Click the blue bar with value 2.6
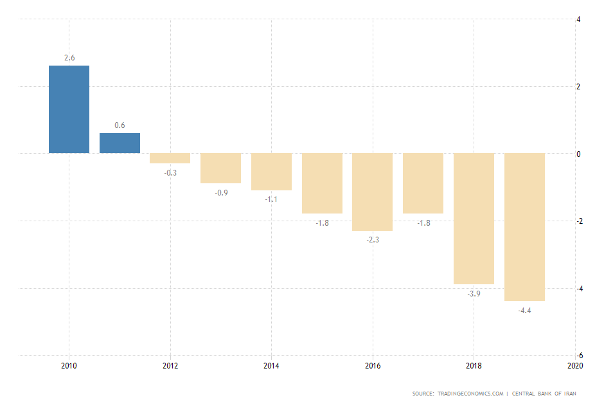(x=69, y=109)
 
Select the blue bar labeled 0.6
(x=120, y=143)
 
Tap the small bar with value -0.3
(x=170, y=158)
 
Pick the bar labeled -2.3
(x=372, y=192)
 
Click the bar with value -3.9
(x=474, y=219)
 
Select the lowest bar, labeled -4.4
(x=524, y=227)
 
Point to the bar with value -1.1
(x=271, y=172)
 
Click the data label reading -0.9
(x=220, y=192)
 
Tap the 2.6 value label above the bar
(x=69, y=58)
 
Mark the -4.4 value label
(x=524, y=311)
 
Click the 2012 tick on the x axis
(x=170, y=366)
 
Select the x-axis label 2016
(x=373, y=366)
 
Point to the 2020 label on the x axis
(x=574, y=366)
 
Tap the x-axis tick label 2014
(x=271, y=366)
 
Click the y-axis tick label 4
(x=579, y=19)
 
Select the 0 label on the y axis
(x=579, y=154)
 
